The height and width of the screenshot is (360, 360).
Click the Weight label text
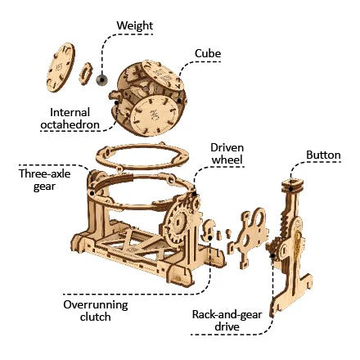(x=135, y=25)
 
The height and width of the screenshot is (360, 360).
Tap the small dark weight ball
(x=101, y=79)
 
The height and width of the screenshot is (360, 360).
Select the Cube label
(x=208, y=53)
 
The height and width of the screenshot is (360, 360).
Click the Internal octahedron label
(x=70, y=119)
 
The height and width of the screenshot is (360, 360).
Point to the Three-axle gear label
(x=45, y=180)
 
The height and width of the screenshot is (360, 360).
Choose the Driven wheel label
(x=227, y=154)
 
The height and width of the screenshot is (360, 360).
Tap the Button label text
(x=323, y=155)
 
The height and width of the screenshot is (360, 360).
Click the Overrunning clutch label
(x=96, y=311)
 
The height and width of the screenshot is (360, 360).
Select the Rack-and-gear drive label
(x=227, y=321)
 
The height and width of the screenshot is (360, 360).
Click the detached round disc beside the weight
(x=61, y=67)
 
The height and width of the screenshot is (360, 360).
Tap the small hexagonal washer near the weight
(x=86, y=74)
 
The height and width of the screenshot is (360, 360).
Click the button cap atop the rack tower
(x=292, y=185)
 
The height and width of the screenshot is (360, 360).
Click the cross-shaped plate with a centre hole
(x=247, y=238)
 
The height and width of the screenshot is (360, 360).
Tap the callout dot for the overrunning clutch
(x=209, y=238)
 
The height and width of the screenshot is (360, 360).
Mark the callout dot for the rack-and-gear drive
(x=272, y=256)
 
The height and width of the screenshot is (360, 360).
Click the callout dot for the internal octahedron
(x=116, y=103)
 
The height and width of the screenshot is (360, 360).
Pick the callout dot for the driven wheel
(x=195, y=194)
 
